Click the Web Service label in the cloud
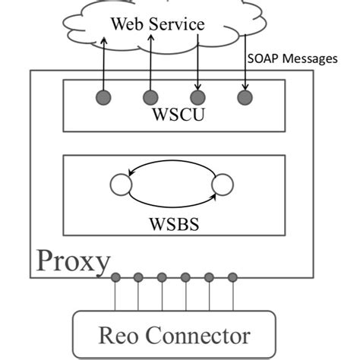pyautogui.click(x=157, y=24)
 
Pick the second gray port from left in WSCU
pyautogui.click(x=150, y=97)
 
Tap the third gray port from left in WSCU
pyautogui.click(x=197, y=97)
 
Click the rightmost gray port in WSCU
pyautogui.click(x=245, y=97)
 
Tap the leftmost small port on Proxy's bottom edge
pyautogui.click(x=115, y=277)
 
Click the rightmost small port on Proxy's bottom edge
pyautogui.click(x=232, y=277)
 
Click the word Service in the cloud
pyautogui.click(x=178, y=24)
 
